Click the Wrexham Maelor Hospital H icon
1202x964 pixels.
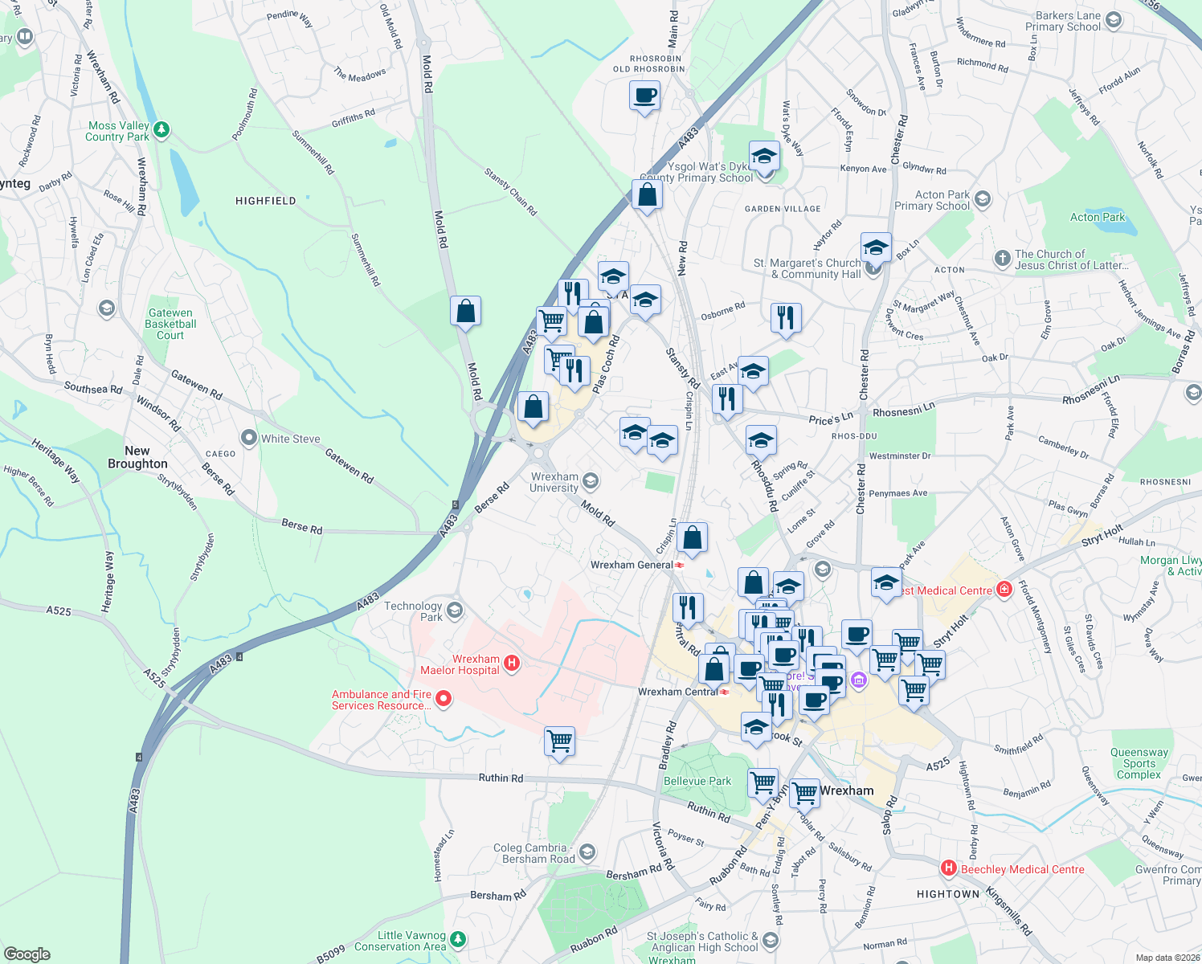pyautogui.click(x=511, y=664)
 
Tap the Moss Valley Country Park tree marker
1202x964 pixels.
pyautogui.click(x=161, y=130)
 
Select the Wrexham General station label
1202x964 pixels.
pyautogui.click(x=632, y=565)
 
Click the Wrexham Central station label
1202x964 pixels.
pyautogui.click(x=677, y=692)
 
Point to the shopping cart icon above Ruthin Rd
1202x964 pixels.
pyautogui.click(x=559, y=741)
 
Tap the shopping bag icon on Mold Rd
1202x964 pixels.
pyautogui.click(x=466, y=311)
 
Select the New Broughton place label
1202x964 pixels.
pyautogui.click(x=137, y=457)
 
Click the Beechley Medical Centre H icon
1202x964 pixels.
pyautogui.click(x=949, y=868)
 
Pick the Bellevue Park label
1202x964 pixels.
pyautogui.click(x=697, y=781)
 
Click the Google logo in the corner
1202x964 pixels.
pyautogui.click(x=27, y=954)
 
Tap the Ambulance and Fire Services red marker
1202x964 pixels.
pyautogui.click(x=443, y=700)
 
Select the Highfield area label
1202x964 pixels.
pyautogui.click(x=265, y=201)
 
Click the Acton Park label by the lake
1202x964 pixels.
pyautogui.click(x=1098, y=217)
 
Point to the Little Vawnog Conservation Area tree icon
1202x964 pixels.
pyautogui.click(x=458, y=939)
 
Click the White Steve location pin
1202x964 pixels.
pyautogui.click(x=249, y=439)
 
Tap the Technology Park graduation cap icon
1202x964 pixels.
pyautogui.click(x=454, y=611)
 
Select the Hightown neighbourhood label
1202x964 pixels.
pyautogui.click(x=948, y=894)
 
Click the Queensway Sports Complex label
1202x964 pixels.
pyautogui.click(x=1139, y=763)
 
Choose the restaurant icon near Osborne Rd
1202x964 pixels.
pyautogui.click(x=786, y=317)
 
